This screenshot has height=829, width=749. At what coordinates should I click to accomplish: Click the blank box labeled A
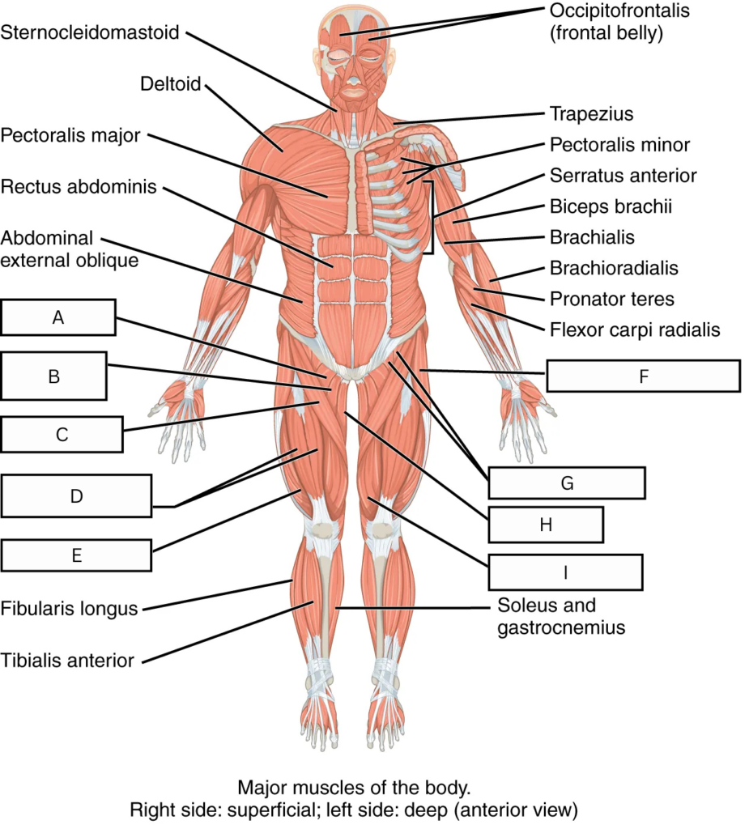tap(58, 317)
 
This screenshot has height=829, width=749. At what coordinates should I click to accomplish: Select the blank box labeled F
tap(643, 376)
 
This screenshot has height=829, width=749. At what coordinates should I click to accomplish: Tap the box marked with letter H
tap(546, 525)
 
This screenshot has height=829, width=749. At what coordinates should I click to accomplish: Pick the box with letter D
tap(76, 496)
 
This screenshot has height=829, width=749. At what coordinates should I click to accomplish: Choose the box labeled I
tap(565, 572)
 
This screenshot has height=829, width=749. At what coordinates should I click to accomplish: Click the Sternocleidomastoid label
tap(90, 32)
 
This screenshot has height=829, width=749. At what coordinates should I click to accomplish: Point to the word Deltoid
tap(170, 83)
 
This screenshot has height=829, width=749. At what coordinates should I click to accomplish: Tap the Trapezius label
tap(591, 113)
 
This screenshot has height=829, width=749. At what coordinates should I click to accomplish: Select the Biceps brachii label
tap(611, 206)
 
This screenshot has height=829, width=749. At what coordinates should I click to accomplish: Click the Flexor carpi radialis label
tap(635, 329)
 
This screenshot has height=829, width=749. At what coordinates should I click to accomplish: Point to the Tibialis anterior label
tap(67, 661)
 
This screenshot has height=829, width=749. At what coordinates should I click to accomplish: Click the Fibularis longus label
tap(70, 609)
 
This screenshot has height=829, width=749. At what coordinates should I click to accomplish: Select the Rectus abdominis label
tap(79, 187)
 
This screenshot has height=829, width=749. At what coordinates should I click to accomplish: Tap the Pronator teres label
tap(612, 299)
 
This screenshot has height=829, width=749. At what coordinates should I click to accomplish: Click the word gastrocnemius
tap(561, 627)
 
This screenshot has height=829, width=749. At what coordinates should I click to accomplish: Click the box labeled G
tap(567, 483)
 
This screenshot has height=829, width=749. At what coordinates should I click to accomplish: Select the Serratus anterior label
tap(623, 176)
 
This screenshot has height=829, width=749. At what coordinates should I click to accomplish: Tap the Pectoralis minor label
tap(620, 144)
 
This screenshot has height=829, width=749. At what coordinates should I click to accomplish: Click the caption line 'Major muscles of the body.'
tap(354, 787)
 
